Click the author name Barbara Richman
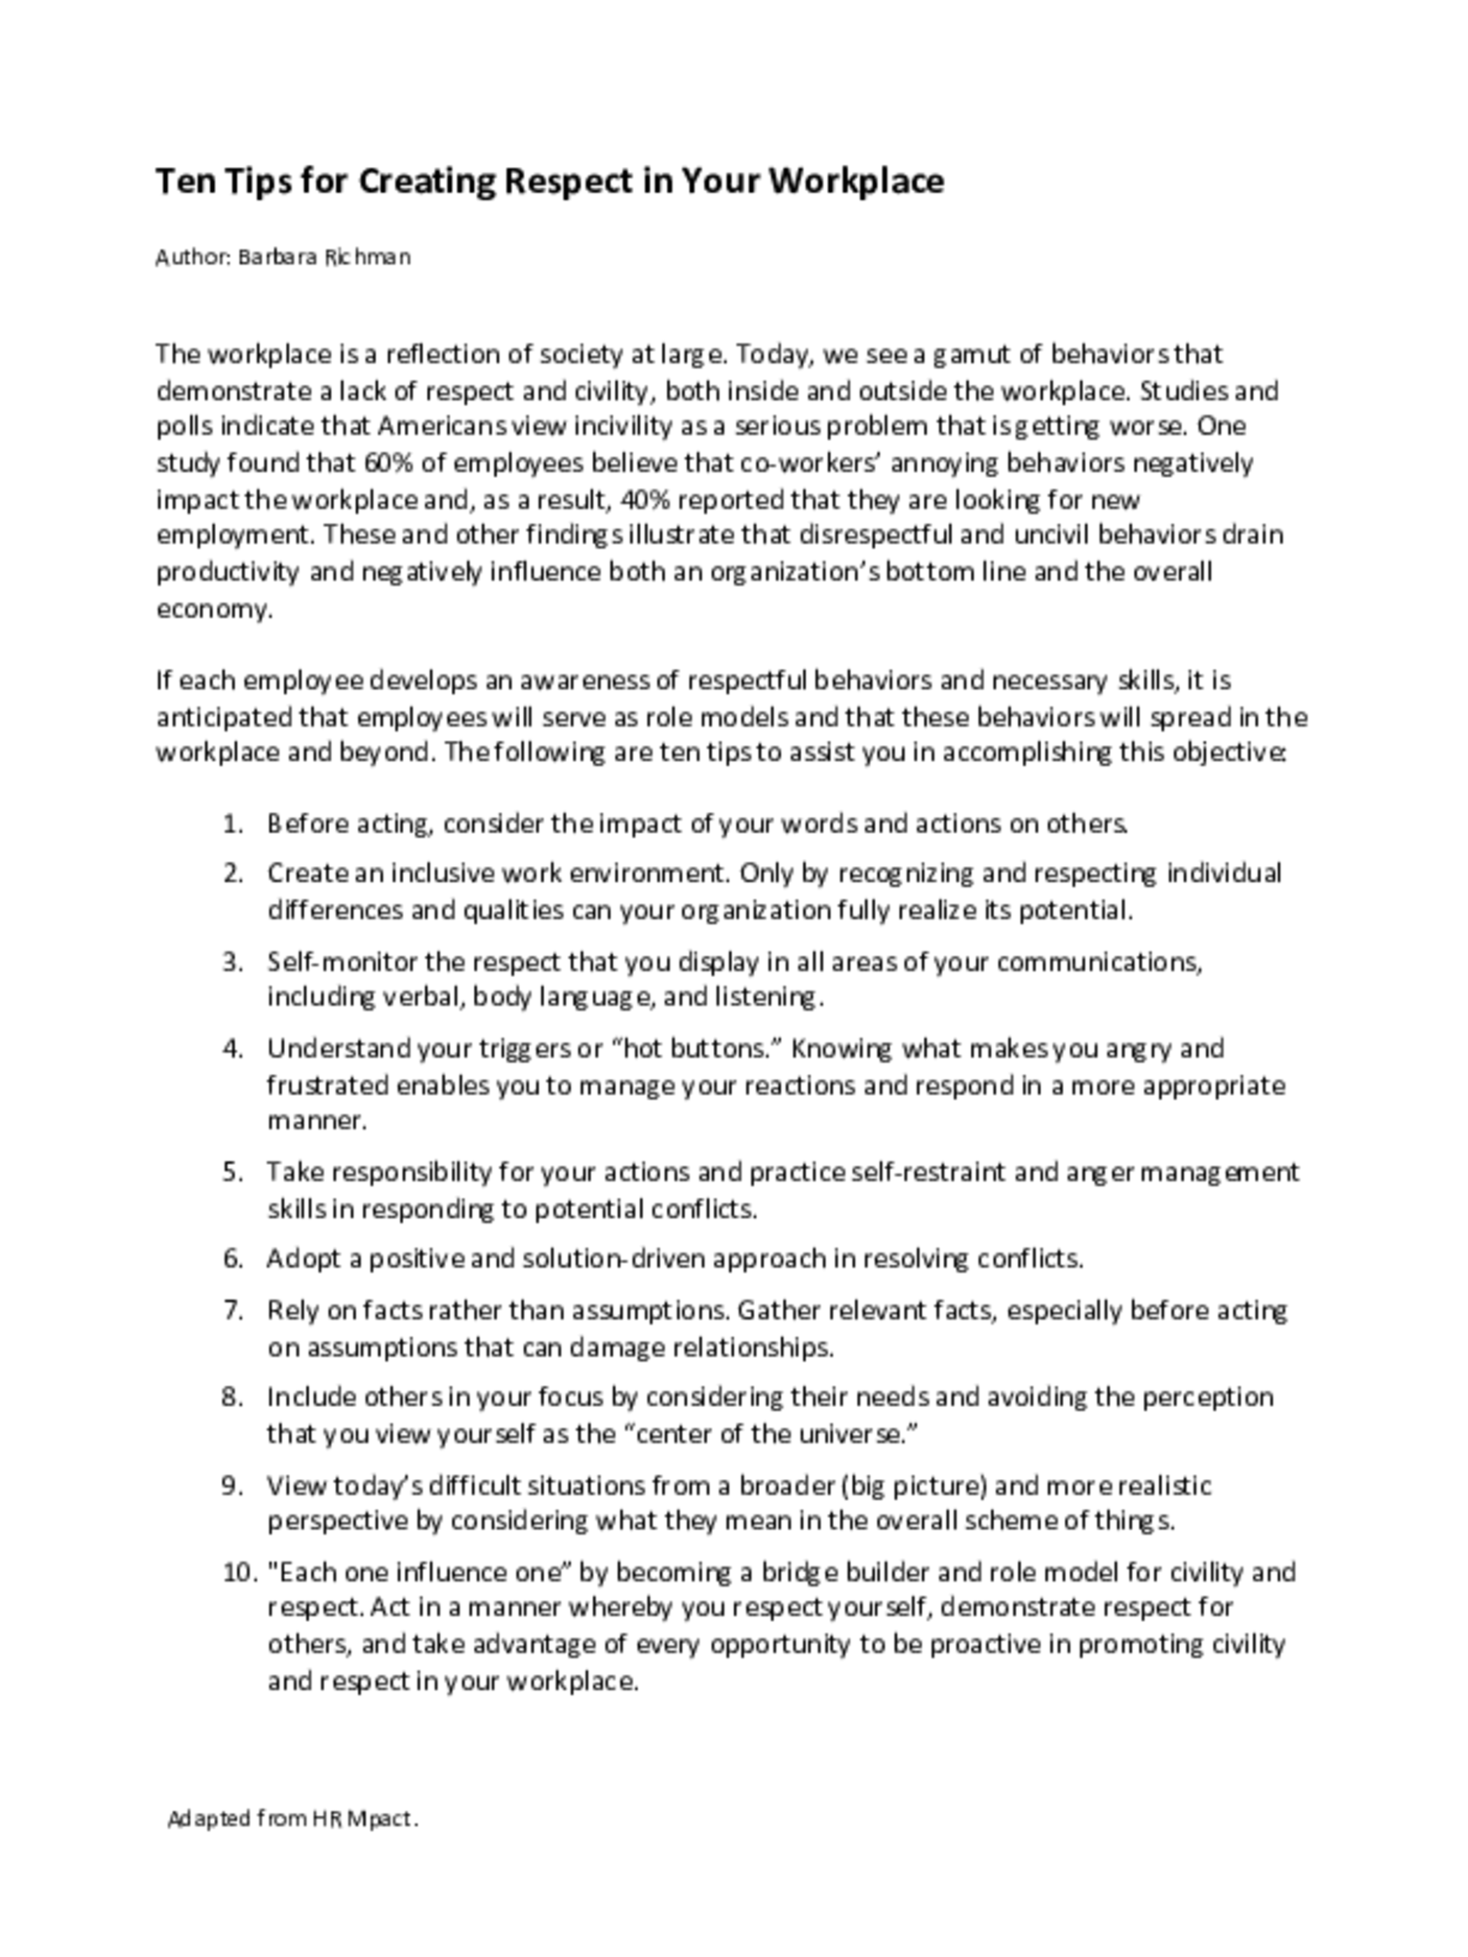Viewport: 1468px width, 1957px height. [324, 257]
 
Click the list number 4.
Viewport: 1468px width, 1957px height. [233, 1048]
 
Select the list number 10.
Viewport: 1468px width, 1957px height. [238, 1572]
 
